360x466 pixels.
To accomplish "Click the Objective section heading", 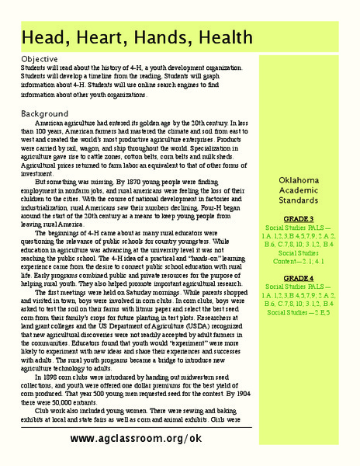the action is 39,59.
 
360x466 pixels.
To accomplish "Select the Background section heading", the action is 44,113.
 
